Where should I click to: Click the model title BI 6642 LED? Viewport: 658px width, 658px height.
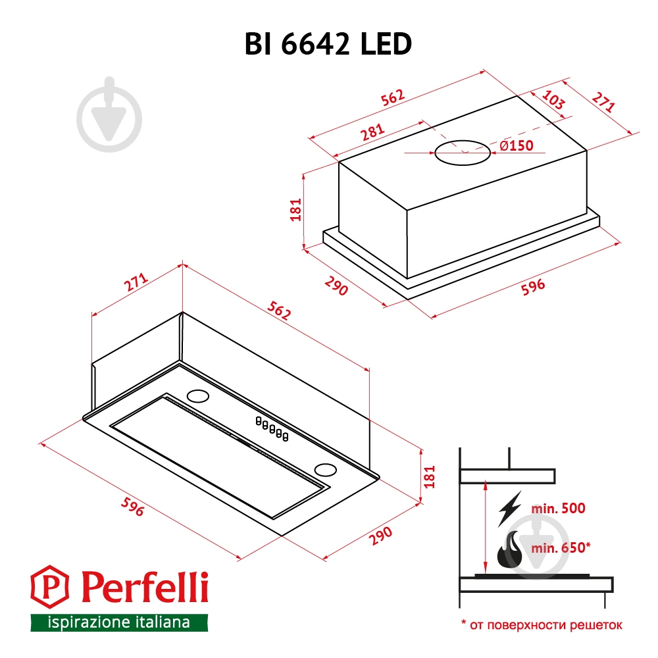pyautogui.click(x=329, y=44)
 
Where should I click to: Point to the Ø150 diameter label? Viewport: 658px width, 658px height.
pyautogui.click(x=516, y=146)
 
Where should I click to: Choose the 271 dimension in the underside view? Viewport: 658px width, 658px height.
pyautogui.click(x=135, y=283)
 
